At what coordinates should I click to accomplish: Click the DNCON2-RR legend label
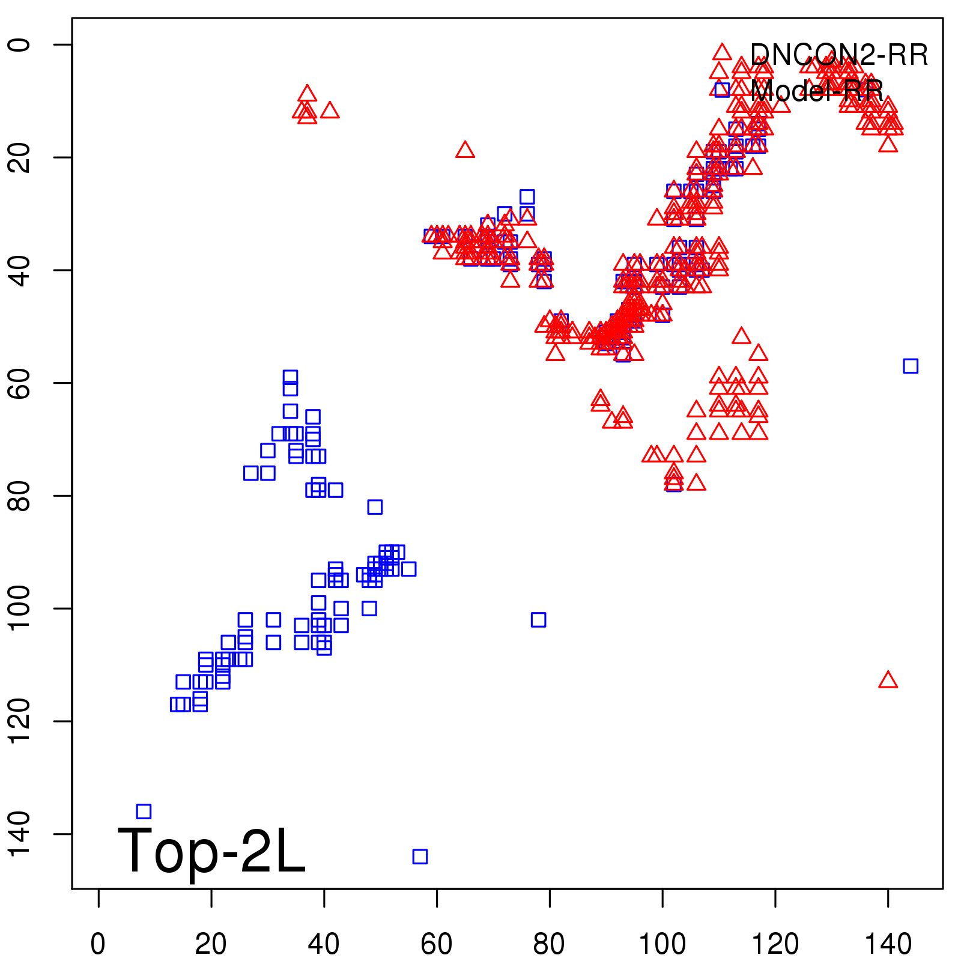tap(839, 55)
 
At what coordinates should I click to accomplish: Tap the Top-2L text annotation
tap(211, 850)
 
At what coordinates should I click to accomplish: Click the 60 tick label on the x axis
tap(437, 944)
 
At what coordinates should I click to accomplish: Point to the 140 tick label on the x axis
tap(888, 944)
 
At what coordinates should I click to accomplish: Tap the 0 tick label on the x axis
tap(98, 944)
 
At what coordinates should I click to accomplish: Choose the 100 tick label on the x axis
tap(662, 944)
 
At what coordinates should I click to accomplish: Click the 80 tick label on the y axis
tap(19, 496)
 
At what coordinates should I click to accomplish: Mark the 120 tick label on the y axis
tap(19, 721)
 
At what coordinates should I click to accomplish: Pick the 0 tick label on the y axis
tap(19, 44)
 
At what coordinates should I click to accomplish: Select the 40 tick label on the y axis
tap(19, 270)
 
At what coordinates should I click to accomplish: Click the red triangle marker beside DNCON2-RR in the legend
tap(722, 52)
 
